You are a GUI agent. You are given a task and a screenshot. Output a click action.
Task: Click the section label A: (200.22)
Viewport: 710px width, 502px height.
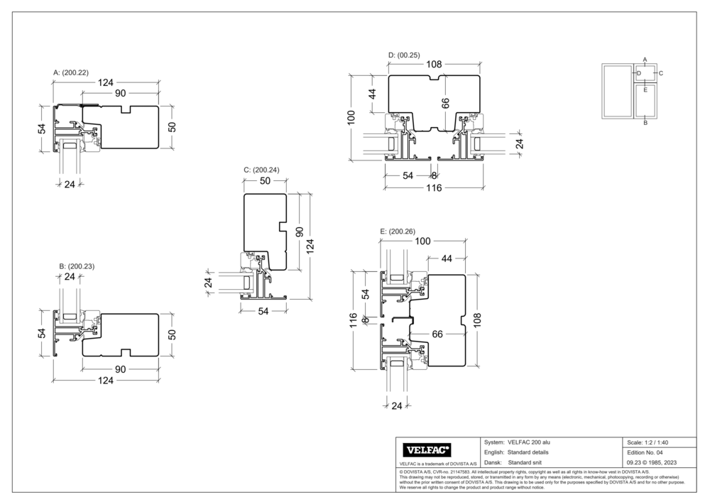(x=71, y=72)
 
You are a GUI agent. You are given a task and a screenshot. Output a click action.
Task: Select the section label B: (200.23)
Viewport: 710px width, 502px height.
(x=77, y=266)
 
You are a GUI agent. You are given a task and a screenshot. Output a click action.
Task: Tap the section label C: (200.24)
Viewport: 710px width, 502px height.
(x=261, y=170)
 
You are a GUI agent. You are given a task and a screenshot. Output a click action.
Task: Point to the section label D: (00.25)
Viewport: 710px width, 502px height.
(x=404, y=55)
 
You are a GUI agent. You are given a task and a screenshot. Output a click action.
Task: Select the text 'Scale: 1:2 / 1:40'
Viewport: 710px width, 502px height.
(x=648, y=442)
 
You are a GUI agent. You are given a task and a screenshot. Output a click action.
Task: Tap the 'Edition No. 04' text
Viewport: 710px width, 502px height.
(x=645, y=452)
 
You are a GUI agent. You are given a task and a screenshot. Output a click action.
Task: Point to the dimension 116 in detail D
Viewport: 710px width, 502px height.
(x=433, y=188)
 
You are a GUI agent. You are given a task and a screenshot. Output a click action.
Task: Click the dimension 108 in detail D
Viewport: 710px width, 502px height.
(x=433, y=64)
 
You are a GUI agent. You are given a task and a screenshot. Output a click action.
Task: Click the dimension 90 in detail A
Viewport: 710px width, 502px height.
(x=120, y=93)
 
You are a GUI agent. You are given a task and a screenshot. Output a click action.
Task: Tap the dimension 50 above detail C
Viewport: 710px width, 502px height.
(x=265, y=182)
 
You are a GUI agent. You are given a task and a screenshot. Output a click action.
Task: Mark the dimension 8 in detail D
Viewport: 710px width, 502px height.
(x=434, y=175)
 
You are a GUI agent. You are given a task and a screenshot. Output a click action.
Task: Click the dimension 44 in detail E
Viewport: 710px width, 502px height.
(x=447, y=259)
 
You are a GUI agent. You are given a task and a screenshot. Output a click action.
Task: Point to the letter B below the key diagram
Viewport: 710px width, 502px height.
(x=645, y=123)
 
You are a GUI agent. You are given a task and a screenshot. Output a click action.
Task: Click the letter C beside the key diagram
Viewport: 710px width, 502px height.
(x=660, y=72)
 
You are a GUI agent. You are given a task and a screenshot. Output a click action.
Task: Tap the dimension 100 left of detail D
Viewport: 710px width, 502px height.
(x=351, y=116)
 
